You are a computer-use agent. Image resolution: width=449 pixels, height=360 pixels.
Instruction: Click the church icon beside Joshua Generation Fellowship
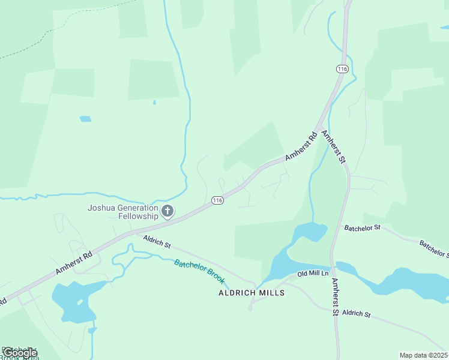[167, 211]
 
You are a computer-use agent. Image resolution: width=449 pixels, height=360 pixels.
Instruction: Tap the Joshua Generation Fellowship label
[123, 212]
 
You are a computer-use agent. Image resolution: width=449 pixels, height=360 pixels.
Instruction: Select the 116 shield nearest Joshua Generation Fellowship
[217, 200]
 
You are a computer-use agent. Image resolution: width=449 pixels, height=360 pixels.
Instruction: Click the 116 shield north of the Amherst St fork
[342, 69]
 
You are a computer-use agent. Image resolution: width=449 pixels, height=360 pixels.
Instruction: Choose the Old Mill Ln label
[313, 274]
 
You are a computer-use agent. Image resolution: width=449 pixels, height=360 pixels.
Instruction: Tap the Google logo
[19, 353]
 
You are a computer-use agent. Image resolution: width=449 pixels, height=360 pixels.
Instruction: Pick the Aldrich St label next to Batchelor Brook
[157, 242]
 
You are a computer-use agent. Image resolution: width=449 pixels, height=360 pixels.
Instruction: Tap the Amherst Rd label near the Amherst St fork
[301, 146]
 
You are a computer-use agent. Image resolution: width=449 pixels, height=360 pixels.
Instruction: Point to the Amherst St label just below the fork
[334, 147]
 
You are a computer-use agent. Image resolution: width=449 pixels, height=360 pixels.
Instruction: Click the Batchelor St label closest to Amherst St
[362, 227]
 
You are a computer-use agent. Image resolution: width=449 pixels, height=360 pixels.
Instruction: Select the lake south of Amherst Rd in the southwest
[70, 300]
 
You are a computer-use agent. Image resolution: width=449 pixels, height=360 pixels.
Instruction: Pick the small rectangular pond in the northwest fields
[85, 119]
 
